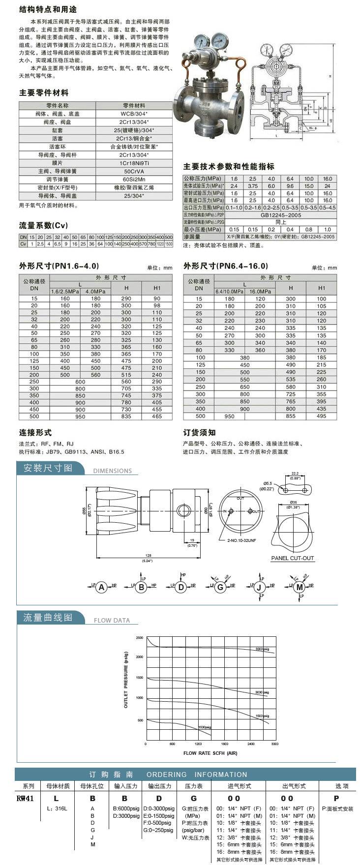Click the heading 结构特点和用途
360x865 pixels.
[x=48, y=10]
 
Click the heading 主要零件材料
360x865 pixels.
[x=44, y=93]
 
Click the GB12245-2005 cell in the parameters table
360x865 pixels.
[x=281, y=215]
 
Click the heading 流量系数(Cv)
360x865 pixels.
[x=43, y=225]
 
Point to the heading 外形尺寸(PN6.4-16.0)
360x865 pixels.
[x=226, y=266]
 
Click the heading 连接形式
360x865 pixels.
[x=35, y=433]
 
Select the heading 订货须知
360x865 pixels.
[x=199, y=433]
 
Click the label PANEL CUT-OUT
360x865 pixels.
[x=292, y=558]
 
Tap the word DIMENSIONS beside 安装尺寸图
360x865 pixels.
[x=112, y=471]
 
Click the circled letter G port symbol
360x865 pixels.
[x=220, y=587]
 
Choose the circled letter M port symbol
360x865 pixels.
[x=299, y=587]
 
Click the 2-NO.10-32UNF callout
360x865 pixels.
[x=241, y=540]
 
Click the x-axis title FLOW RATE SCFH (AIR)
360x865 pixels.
[x=210, y=753]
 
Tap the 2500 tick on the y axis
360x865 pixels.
[x=139, y=638]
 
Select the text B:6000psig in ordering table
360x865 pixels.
[x=126, y=808]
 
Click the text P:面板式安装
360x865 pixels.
[x=337, y=808]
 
